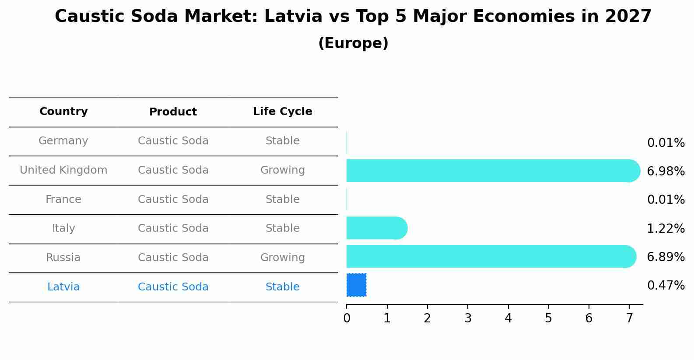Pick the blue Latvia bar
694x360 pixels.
[x=356, y=285]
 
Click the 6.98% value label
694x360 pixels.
[x=666, y=171]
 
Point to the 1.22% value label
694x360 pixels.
[x=666, y=228]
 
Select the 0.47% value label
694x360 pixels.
[x=666, y=286]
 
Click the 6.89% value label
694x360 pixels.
[x=666, y=257]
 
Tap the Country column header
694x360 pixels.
[x=63, y=112]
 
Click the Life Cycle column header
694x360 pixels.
[x=282, y=112]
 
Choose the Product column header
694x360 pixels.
[x=173, y=112]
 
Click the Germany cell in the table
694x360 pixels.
[x=63, y=141]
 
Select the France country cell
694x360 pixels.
[x=63, y=199]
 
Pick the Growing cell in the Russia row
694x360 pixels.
[x=282, y=258]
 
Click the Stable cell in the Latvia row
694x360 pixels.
[x=282, y=287]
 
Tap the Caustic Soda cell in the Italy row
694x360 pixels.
[x=173, y=228]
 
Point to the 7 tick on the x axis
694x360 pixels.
[x=629, y=318]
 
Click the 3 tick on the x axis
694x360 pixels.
[x=468, y=318]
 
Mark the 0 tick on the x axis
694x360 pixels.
[x=347, y=318]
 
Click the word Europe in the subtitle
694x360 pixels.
[x=353, y=43]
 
